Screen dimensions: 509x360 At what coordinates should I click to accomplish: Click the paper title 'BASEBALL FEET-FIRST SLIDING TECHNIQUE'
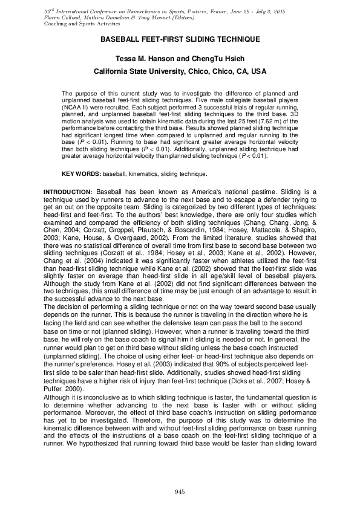pyautogui.click(x=180, y=39)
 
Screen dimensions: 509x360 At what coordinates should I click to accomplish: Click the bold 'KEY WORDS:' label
pyautogui.click(x=82, y=174)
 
